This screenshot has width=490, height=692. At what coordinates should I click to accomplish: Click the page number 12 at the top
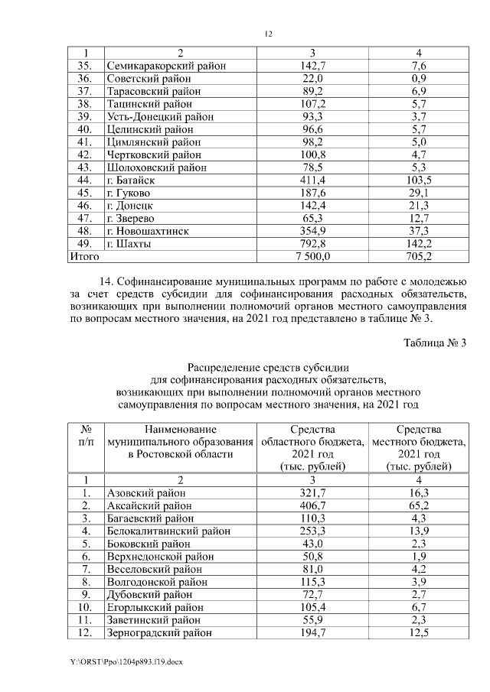coord(268,34)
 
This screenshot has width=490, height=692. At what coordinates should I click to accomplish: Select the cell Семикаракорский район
coord(166,67)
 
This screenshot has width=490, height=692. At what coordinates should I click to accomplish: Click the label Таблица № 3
coord(435,342)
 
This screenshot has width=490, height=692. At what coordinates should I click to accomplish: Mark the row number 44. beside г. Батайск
coord(86,180)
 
